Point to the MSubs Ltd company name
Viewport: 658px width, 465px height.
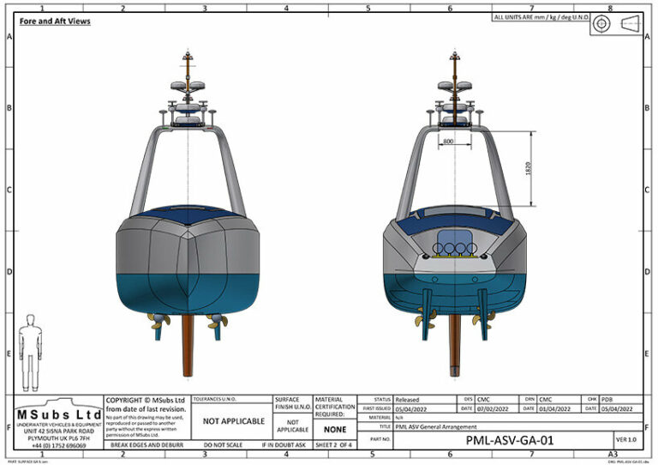click(59, 415)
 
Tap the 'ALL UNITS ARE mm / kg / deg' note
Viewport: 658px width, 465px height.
click(539, 17)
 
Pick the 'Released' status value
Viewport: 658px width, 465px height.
click(407, 400)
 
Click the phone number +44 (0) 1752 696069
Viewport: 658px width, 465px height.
click(59, 446)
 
